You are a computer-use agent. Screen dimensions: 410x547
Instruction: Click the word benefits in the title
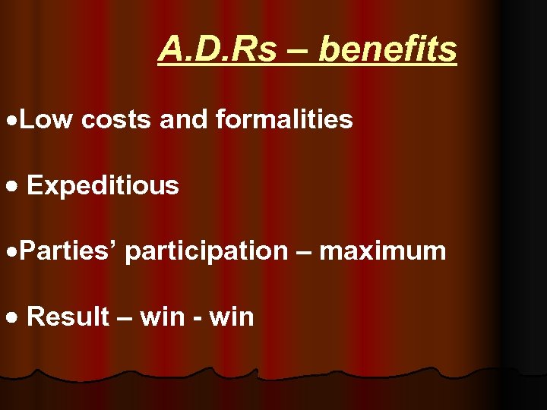pyautogui.click(x=388, y=50)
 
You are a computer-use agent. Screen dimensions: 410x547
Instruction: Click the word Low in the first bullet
pyautogui.click(x=46, y=119)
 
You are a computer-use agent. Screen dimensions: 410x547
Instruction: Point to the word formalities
pyautogui.click(x=284, y=119)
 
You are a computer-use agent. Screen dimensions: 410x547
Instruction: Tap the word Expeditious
pyautogui.click(x=103, y=185)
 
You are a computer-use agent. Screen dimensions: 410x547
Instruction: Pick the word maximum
pyautogui.click(x=383, y=251)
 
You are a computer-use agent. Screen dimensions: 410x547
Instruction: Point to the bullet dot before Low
pyautogui.click(x=9, y=121)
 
